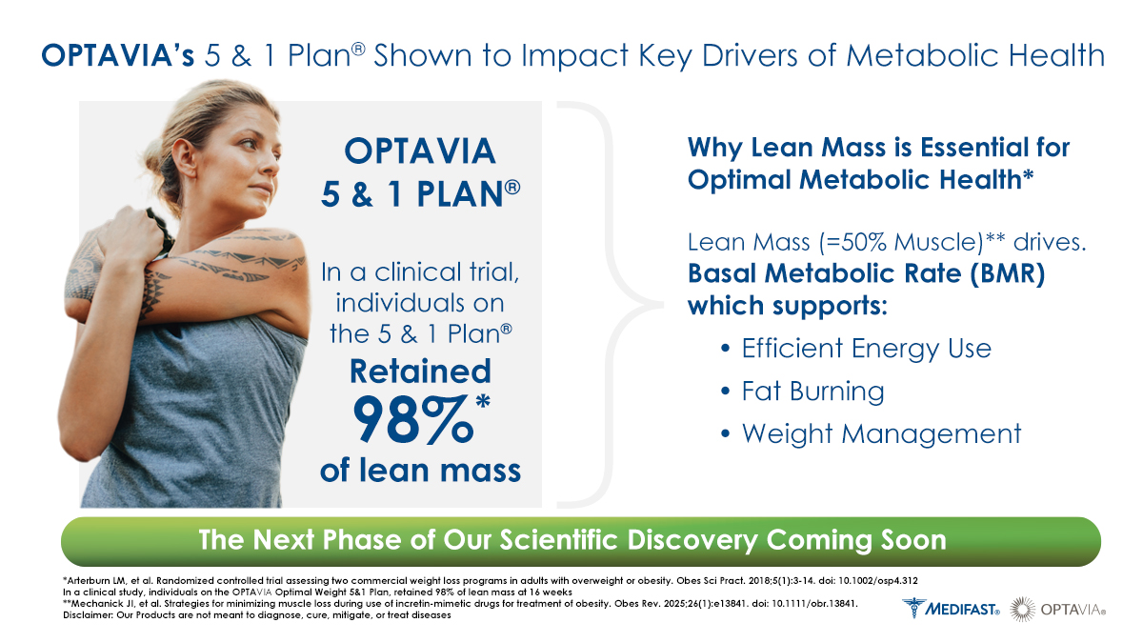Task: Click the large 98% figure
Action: point(413,419)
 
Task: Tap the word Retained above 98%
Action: point(420,371)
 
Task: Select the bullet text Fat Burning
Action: point(812,392)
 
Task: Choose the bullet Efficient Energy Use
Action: point(866,349)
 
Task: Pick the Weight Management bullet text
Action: point(881,434)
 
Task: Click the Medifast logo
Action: point(952,608)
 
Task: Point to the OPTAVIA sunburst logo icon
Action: point(1023,609)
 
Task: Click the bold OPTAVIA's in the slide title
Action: point(117,55)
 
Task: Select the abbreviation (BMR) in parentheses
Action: point(1008,274)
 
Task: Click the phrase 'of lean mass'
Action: point(420,470)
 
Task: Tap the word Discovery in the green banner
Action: point(692,540)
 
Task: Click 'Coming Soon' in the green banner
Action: point(856,540)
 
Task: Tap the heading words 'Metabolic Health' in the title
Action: point(975,55)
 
